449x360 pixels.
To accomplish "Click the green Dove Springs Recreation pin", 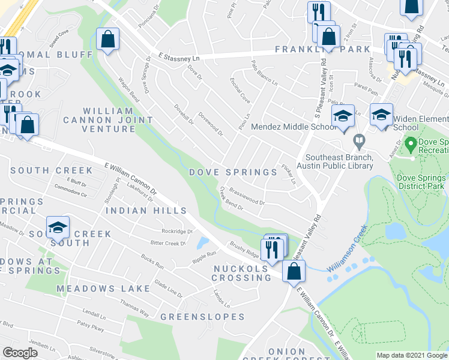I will [x=411, y=144].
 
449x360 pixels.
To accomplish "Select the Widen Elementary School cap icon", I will [x=381, y=114].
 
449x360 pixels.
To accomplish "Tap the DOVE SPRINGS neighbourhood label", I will [x=234, y=172].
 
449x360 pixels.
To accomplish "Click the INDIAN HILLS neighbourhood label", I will [x=146, y=211].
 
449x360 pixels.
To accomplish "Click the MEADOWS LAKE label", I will [x=103, y=289].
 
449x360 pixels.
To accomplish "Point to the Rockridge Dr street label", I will [x=177, y=231].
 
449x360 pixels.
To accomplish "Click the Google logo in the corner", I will [x=20, y=353].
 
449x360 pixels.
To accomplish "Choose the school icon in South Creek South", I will [x=58, y=227].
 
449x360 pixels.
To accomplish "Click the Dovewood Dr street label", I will [x=211, y=125].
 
